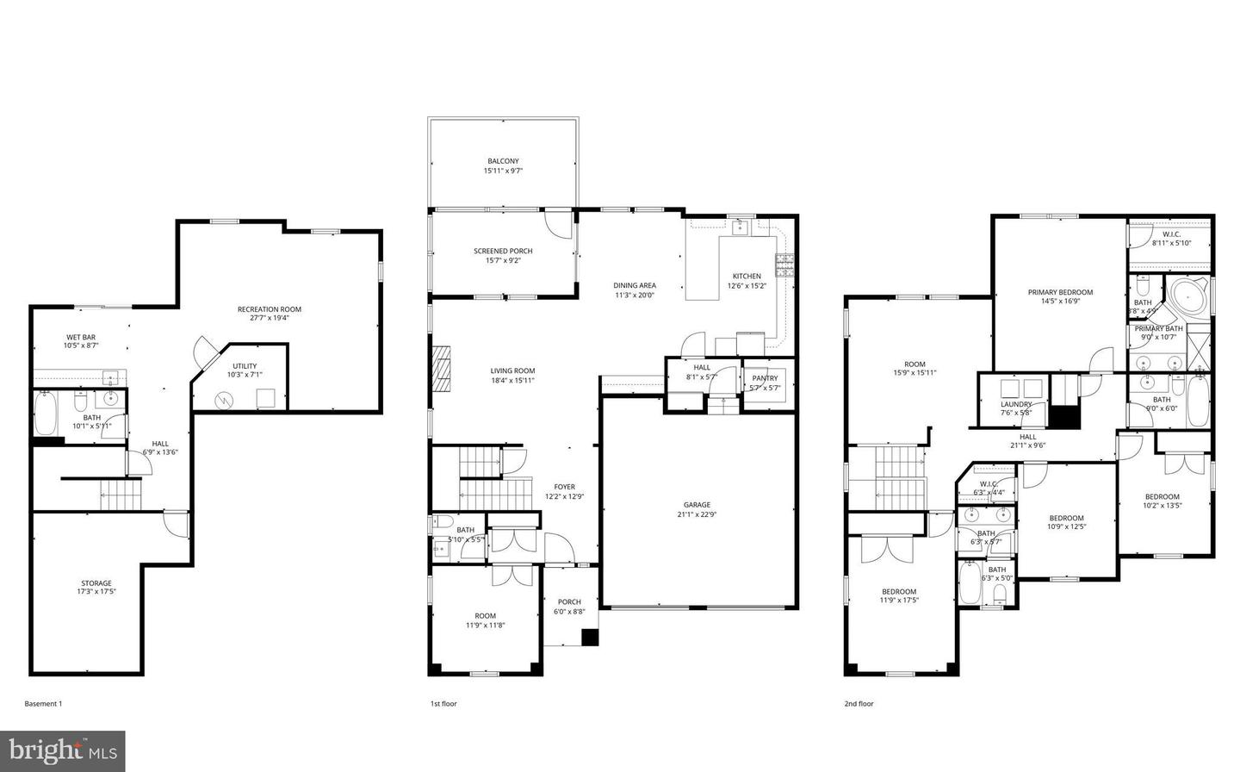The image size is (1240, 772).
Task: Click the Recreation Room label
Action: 270,309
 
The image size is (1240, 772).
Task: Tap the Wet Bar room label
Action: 81,337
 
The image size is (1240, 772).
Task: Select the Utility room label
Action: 244,366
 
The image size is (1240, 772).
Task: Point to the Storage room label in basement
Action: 96,583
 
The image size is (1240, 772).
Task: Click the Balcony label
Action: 503,161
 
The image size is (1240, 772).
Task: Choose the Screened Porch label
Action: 503,251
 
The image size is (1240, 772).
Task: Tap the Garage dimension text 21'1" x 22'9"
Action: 697,514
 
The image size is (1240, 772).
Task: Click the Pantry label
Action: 765,378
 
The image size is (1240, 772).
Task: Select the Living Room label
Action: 512,371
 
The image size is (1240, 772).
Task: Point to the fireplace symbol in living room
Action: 441,370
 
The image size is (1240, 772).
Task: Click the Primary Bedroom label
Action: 1060,292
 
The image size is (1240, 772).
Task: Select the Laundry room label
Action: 1016,404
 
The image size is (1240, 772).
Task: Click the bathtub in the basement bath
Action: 46,414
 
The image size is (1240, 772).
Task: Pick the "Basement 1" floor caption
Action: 43,704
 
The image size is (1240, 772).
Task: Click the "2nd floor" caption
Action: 859,704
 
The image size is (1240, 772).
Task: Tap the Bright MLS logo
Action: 63,751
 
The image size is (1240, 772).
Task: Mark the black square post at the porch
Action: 590,638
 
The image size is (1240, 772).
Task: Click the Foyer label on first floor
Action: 564,487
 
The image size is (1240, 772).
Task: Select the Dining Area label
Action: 635,285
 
